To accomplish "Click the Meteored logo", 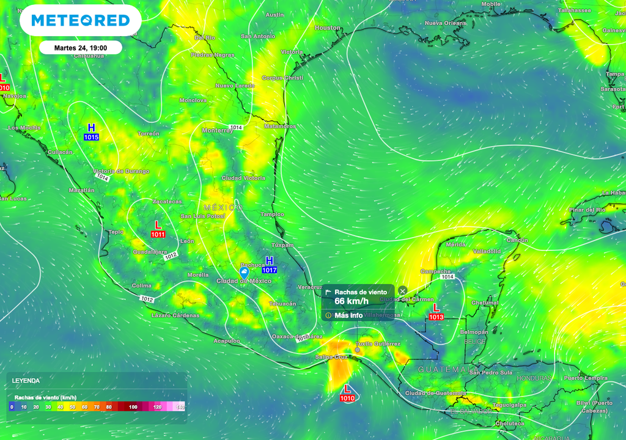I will point(81,21).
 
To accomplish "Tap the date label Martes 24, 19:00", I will point(80,48).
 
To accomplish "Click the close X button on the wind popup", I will point(402,290).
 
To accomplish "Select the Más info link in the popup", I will point(348,315).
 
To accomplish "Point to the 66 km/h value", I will point(352,301).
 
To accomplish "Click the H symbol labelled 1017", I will point(269,261).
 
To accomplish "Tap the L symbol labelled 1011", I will point(158,225).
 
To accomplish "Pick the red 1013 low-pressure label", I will point(436,317).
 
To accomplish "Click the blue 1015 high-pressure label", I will point(91,137).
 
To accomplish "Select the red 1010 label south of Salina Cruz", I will point(347,398).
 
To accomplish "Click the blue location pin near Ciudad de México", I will point(244,271).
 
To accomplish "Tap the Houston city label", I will point(327,28).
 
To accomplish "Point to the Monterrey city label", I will point(217,131).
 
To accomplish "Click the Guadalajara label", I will point(150,252).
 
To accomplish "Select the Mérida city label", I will point(456,244).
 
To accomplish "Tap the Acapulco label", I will point(226,341).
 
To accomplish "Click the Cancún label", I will point(517,240).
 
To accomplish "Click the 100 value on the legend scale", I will point(133,406).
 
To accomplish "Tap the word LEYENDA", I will point(26,380).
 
